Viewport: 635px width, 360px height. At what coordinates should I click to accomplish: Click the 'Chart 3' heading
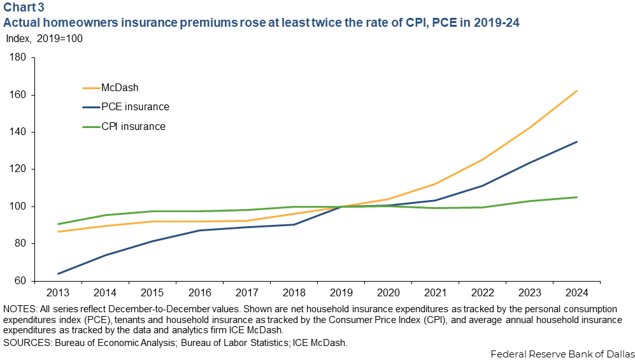coord(24,8)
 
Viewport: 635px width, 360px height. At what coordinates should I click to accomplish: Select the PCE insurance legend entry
coord(135,107)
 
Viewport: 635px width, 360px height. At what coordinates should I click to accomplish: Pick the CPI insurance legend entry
coord(133,126)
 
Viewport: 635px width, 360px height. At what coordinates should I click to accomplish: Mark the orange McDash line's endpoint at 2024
coord(577,90)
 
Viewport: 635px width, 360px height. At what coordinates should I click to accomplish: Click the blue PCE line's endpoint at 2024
coord(577,141)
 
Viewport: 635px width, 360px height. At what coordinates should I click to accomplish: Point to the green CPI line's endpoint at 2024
coord(577,197)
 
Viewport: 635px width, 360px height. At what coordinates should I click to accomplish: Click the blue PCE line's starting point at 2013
coord(58,274)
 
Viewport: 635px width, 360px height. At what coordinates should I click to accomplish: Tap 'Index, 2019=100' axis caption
coord(45,38)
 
